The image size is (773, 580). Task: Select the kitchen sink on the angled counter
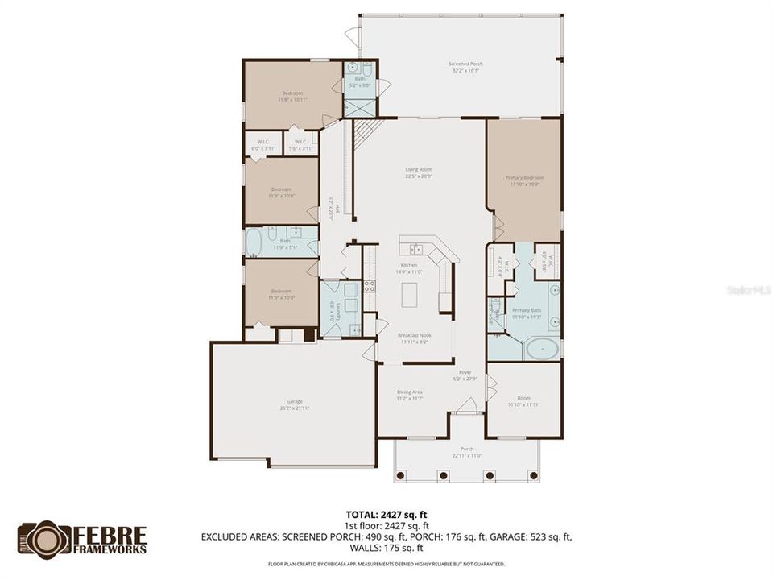coord(416,249)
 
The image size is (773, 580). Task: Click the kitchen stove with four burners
coord(370,284)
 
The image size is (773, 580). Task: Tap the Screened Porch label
coord(461,67)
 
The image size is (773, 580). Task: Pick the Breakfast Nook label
coord(415,338)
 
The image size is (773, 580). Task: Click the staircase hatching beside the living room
coord(366,129)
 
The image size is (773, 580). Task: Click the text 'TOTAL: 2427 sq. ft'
coord(386,512)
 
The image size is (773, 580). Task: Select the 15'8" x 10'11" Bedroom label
coord(291,96)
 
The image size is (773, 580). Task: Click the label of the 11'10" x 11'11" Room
coord(523,400)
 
